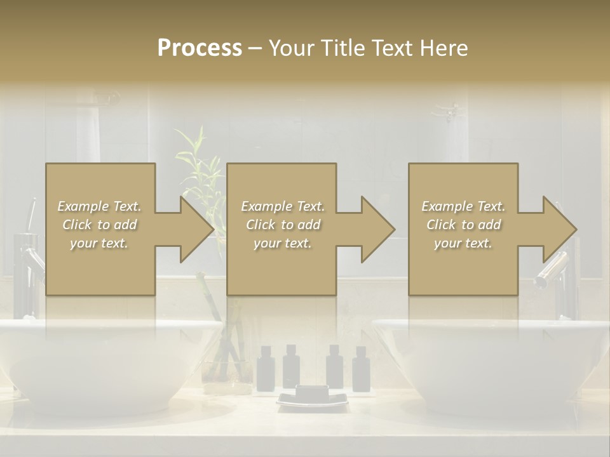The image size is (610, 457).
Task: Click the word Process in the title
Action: pos(200,48)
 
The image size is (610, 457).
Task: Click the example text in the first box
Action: pos(99,225)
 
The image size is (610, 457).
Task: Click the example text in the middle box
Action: pos(282,225)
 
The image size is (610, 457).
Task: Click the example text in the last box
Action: pos(463,225)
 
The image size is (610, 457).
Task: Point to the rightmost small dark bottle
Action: pos(360,369)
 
